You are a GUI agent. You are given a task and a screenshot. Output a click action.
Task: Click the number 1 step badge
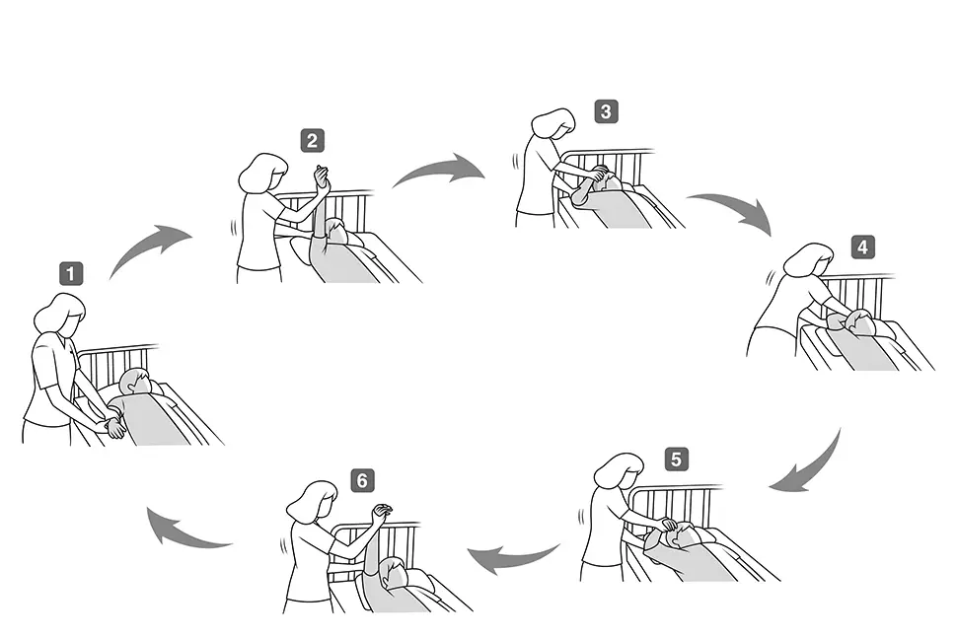(x=71, y=274)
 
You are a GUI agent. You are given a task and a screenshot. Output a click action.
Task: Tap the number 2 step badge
(x=312, y=141)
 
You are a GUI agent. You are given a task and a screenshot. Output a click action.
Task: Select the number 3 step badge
(x=606, y=111)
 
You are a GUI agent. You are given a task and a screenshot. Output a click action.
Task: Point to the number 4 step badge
(x=862, y=248)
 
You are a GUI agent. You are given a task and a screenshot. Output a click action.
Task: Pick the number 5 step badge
(x=676, y=460)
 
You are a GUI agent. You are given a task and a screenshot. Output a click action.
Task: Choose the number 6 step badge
(x=362, y=480)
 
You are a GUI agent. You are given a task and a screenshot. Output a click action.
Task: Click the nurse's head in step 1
(x=61, y=314)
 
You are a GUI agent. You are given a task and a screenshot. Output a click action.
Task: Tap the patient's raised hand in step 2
(x=321, y=177)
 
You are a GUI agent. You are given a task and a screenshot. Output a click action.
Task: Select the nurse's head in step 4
(x=809, y=260)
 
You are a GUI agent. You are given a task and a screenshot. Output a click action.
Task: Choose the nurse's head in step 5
(x=621, y=471)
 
